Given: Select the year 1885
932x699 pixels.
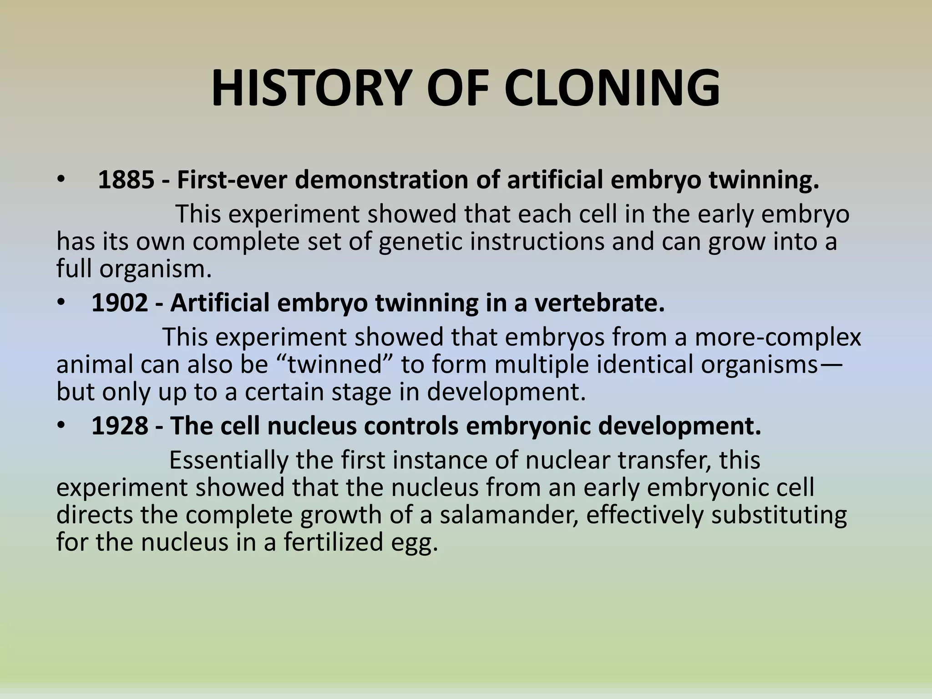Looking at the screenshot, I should [126, 180].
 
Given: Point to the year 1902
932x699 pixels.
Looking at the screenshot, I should [120, 303].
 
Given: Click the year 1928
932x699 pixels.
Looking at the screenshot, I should [120, 426].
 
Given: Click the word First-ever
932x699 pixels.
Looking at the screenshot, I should [233, 180].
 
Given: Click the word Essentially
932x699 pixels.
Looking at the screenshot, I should [228, 460].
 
